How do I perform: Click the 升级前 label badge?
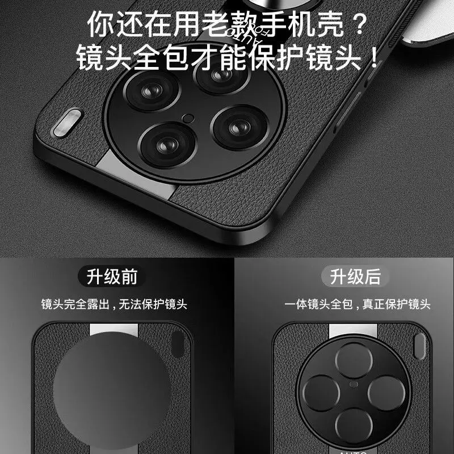pos(112,277)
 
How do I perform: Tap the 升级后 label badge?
pos(355,277)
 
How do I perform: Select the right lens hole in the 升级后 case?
pos(380,392)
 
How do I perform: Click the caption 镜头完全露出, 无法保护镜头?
pos(113,305)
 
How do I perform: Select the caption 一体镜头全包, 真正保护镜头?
pos(356,305)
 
